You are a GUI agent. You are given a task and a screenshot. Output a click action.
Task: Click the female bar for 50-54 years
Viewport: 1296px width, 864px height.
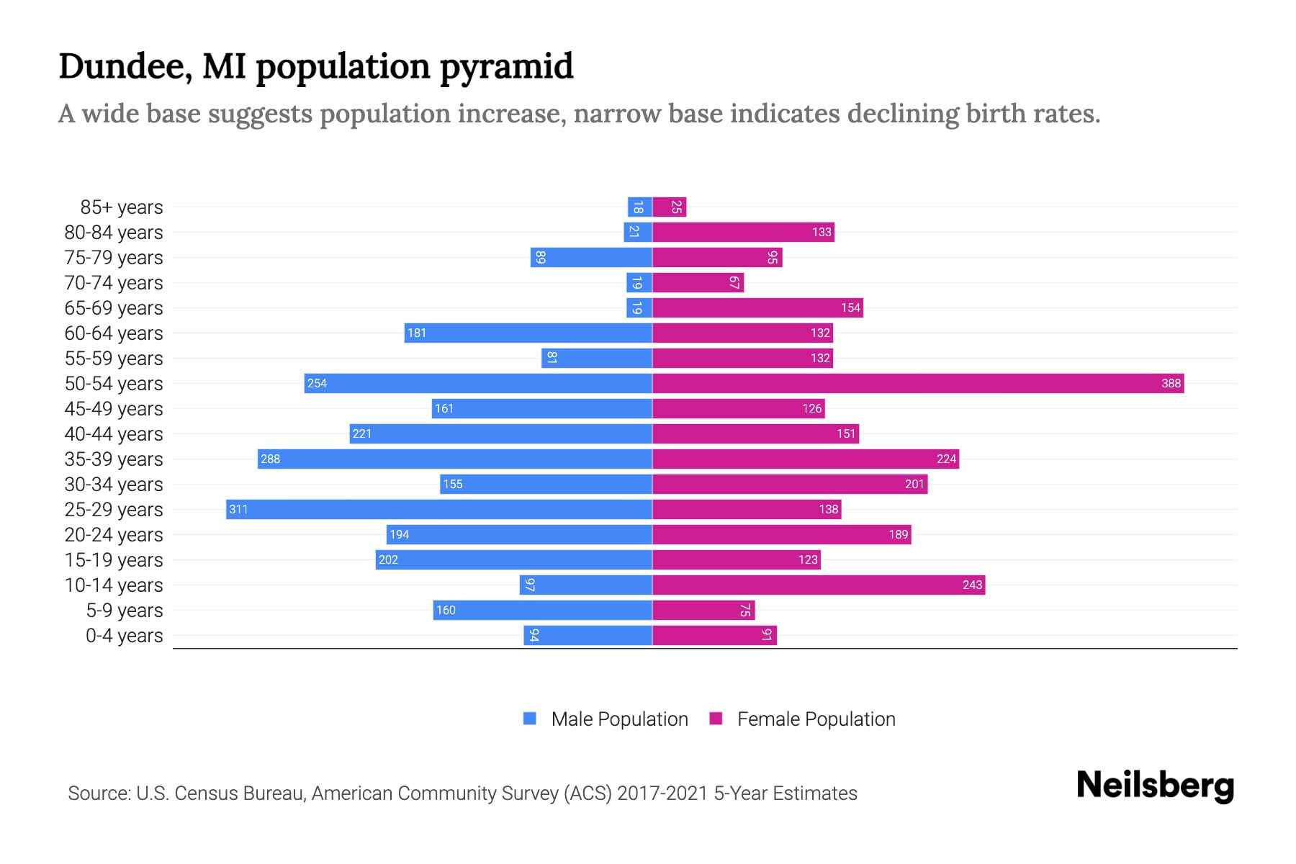pos(918,383)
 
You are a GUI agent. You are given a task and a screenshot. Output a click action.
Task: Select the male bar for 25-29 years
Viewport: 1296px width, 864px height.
pos(439,509)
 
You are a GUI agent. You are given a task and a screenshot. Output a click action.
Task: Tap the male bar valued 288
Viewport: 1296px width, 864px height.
pos(455,459)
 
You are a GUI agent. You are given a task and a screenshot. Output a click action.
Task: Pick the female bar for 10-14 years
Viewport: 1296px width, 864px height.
pos(819,585)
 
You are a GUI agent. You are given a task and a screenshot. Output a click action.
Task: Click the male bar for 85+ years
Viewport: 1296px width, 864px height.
pos(640,207)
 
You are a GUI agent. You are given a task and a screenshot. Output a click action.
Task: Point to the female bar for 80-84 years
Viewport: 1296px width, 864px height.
pos(743,232)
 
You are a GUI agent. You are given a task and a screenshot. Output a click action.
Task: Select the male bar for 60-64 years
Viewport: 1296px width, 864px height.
pos(528,333)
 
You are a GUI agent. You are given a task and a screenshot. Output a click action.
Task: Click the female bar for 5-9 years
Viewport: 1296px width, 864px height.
pos(703,610)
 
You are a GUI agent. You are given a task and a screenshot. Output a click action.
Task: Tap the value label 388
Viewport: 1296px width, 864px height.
pos(1171,383)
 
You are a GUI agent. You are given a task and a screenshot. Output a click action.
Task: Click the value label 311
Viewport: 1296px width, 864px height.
pos(238,509)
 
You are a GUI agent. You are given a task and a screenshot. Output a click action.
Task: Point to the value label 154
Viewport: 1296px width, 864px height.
pos(850,307)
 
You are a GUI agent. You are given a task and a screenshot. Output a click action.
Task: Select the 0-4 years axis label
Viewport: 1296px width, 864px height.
pos(124,636)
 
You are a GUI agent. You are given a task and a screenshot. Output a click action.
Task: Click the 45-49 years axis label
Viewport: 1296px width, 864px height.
pos(114,409)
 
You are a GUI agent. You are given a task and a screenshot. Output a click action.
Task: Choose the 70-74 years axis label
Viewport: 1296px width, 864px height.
pos(114,283)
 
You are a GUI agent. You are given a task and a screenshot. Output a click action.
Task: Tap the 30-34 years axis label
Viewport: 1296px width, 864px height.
pos(114,485)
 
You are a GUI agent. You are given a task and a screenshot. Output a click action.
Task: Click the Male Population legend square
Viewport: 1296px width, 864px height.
pos(530,719)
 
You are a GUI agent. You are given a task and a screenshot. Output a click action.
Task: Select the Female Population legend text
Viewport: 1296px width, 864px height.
pos(816,719)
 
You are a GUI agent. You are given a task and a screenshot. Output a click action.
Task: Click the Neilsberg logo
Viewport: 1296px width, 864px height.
pos(1155,785)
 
